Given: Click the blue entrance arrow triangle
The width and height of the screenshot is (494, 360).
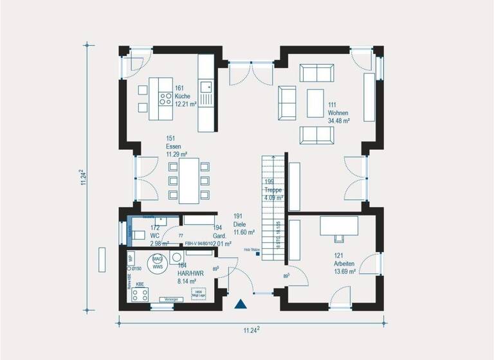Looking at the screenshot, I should click(241, 305).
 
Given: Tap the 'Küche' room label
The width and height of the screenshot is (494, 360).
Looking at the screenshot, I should click(182, 95).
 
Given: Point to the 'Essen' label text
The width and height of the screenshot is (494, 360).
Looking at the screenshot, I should click(174, 147).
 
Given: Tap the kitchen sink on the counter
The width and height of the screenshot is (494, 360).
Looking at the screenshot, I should click(206, 86).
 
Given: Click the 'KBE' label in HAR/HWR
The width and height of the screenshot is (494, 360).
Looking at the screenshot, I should click(140, 283).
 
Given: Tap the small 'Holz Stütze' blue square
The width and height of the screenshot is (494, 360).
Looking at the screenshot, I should click(257, 255).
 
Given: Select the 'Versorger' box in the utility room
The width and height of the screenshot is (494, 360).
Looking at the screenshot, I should click(170, 300).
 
